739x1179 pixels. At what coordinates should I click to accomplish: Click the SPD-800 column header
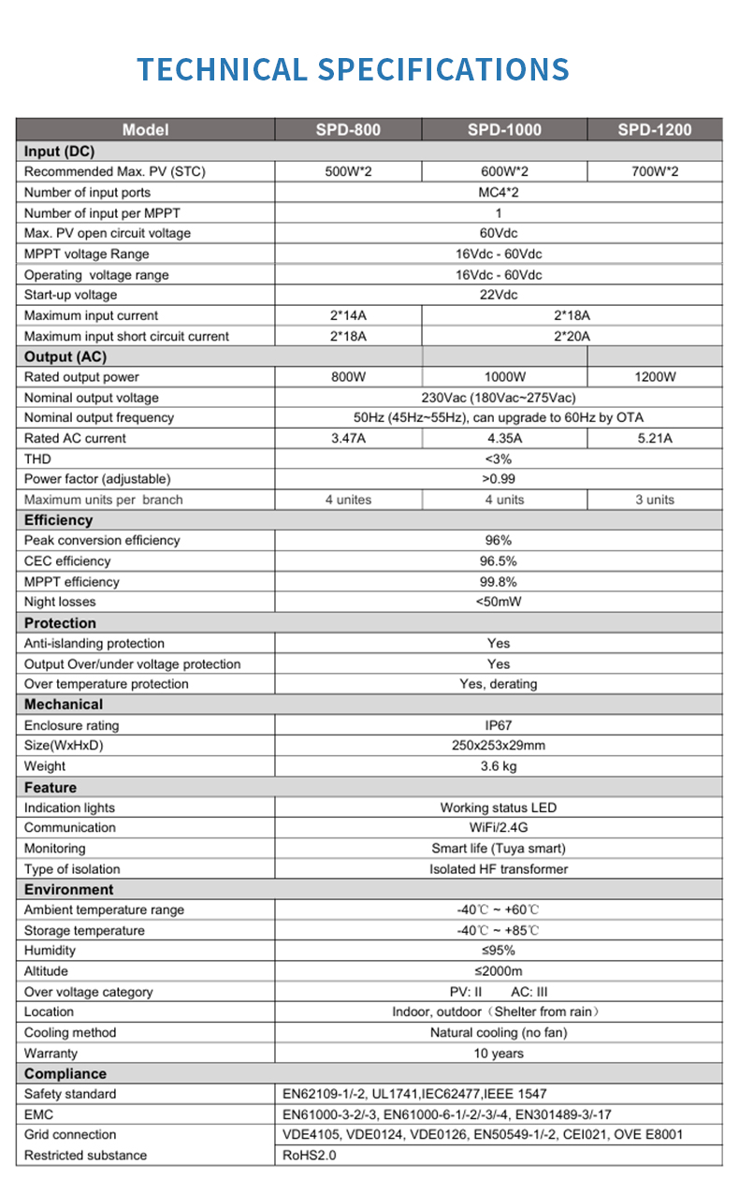[x=347, y=130]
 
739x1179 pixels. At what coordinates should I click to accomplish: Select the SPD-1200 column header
[x=654, y=130]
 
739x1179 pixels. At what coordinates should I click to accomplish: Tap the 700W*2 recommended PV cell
[x=654, y=171]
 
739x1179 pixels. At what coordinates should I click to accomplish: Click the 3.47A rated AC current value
[x=347, y=438]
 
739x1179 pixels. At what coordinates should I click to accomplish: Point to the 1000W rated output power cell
[x=504, y=377]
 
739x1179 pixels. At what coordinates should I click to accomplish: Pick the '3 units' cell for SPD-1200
[x=654, y=500]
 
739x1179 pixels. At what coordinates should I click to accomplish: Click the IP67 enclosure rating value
[x=499, y=725]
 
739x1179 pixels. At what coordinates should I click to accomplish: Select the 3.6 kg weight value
[x=499, y=766]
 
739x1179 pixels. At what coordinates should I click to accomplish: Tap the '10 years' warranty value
[x=499, y=1054]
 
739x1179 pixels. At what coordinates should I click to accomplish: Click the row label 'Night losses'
[x=60, y=602]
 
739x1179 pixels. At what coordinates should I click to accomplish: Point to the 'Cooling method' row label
[x=70, y=1033]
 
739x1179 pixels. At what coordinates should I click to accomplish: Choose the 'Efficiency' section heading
[x=59, y=520]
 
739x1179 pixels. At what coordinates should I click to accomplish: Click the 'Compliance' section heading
[x=65, y=1074]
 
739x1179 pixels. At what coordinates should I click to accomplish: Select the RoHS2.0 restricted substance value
[x=309, y=1156]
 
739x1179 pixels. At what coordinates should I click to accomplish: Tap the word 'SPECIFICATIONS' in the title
[x=443, y=70]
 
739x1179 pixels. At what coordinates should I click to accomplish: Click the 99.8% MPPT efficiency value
[x=499, y=582]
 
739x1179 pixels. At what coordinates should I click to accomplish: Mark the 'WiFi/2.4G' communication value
[x=499, y=827]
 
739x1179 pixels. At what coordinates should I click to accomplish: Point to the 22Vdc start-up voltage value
[x=499, y=295]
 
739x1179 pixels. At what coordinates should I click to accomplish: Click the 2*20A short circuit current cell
[x=572, y=336]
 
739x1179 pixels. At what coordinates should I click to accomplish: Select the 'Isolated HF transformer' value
[x=499, y=869]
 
